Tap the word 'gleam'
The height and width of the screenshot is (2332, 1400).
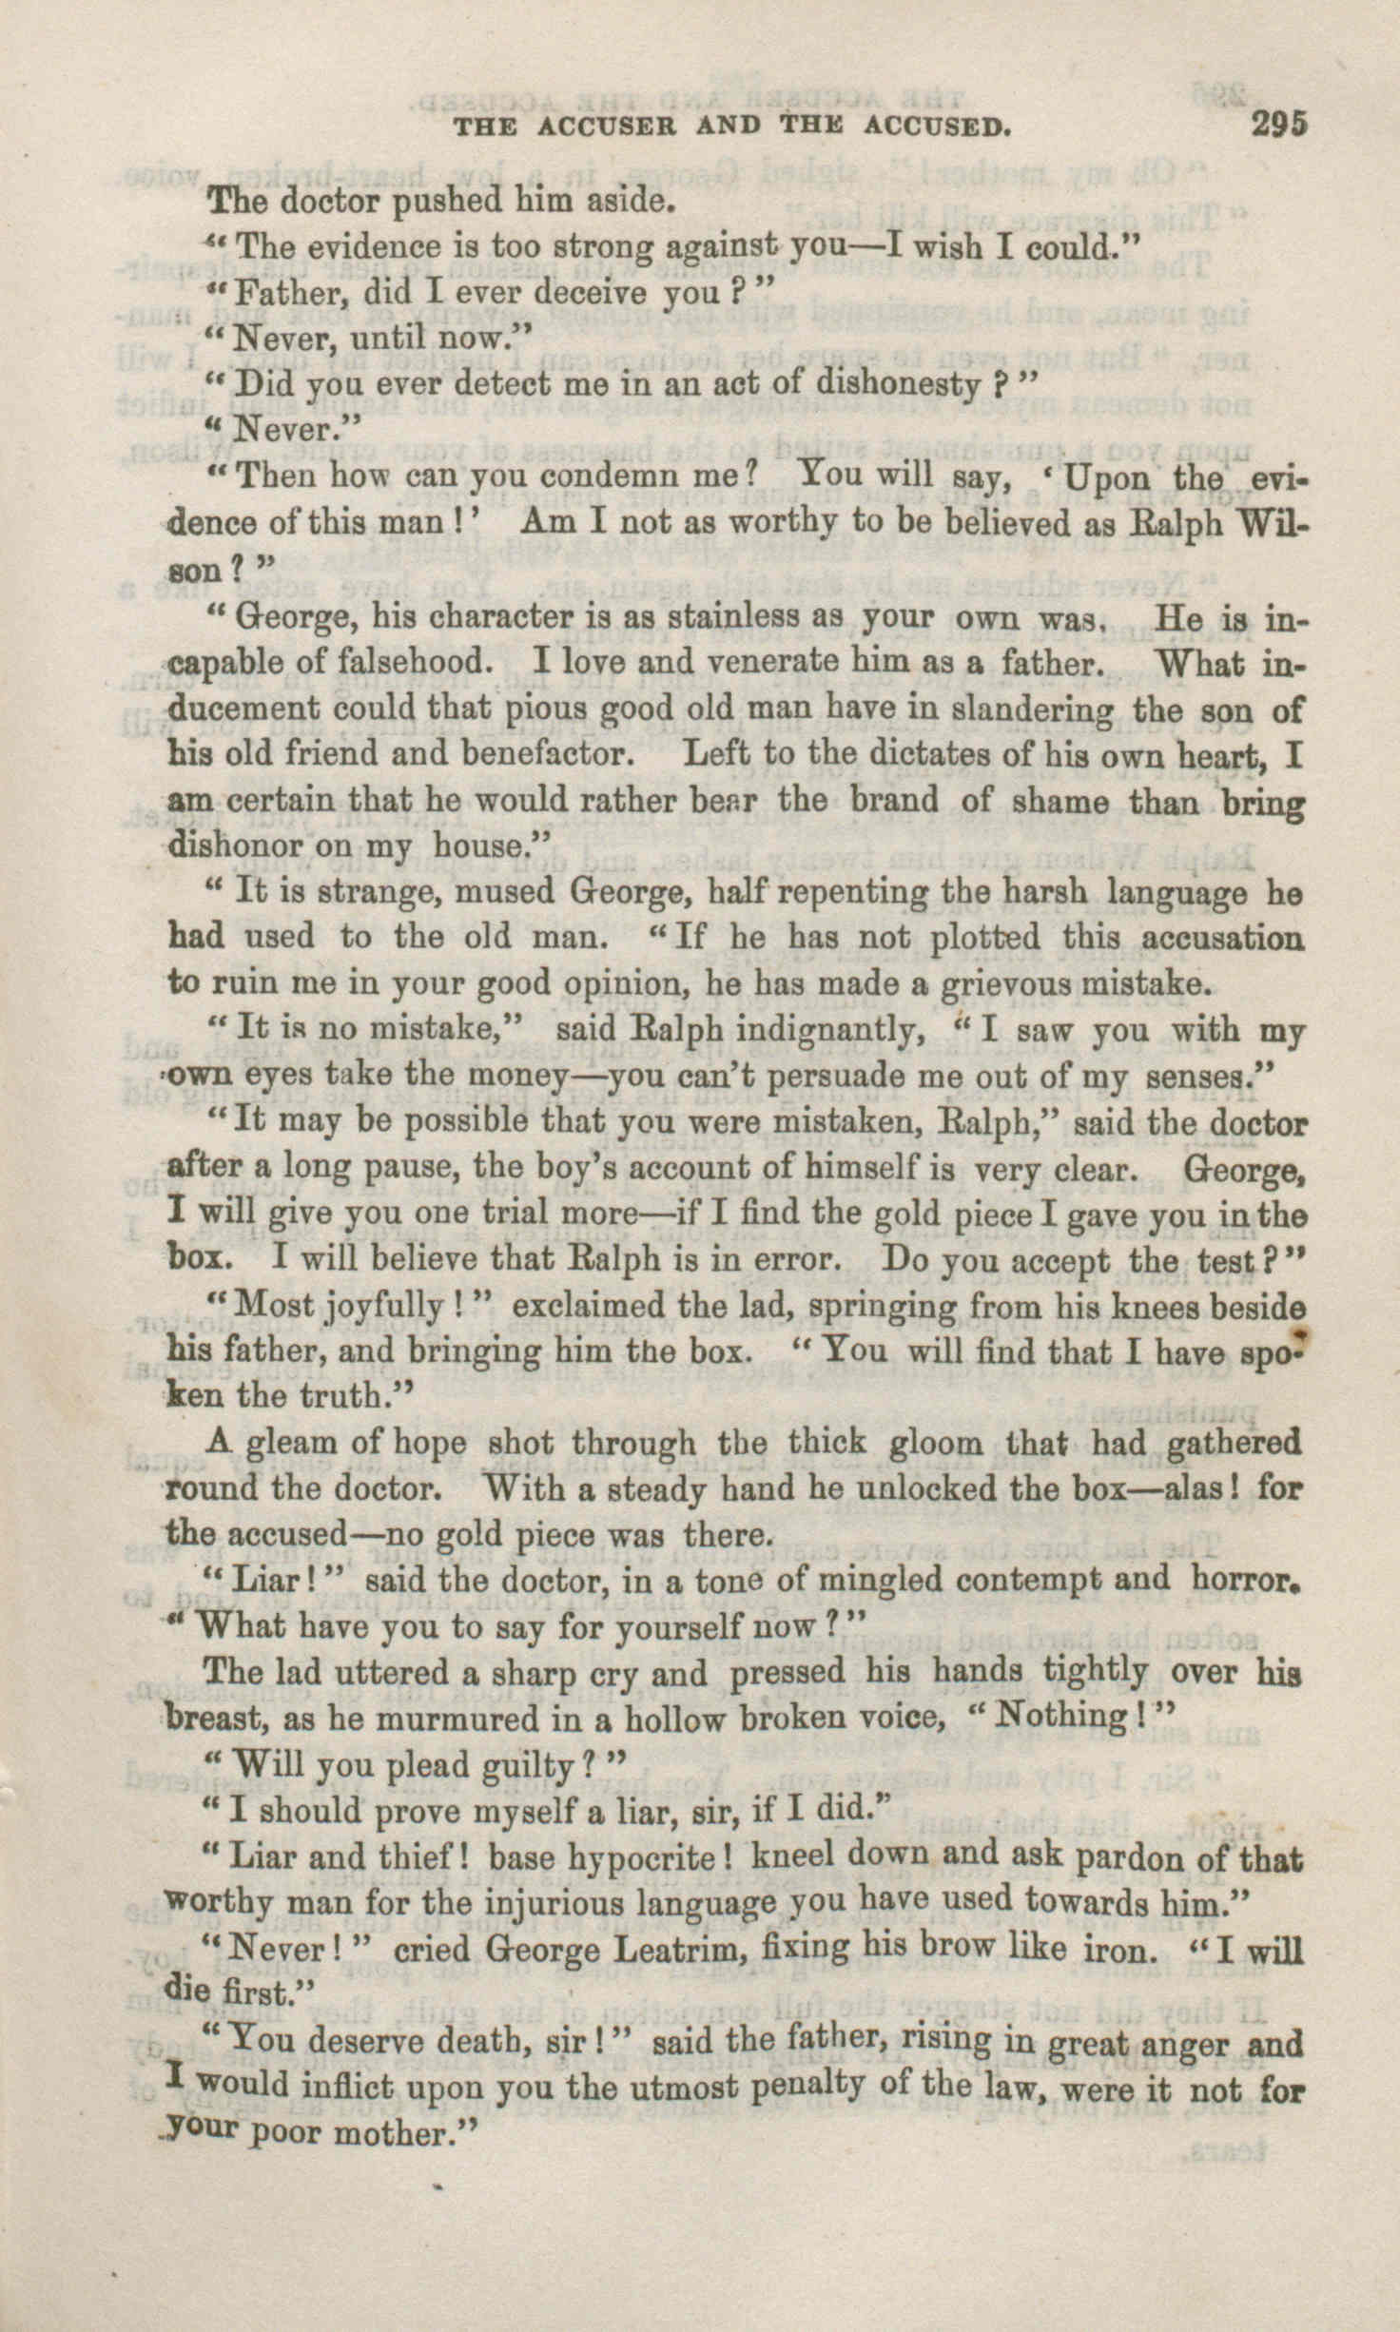point(289,1443)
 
